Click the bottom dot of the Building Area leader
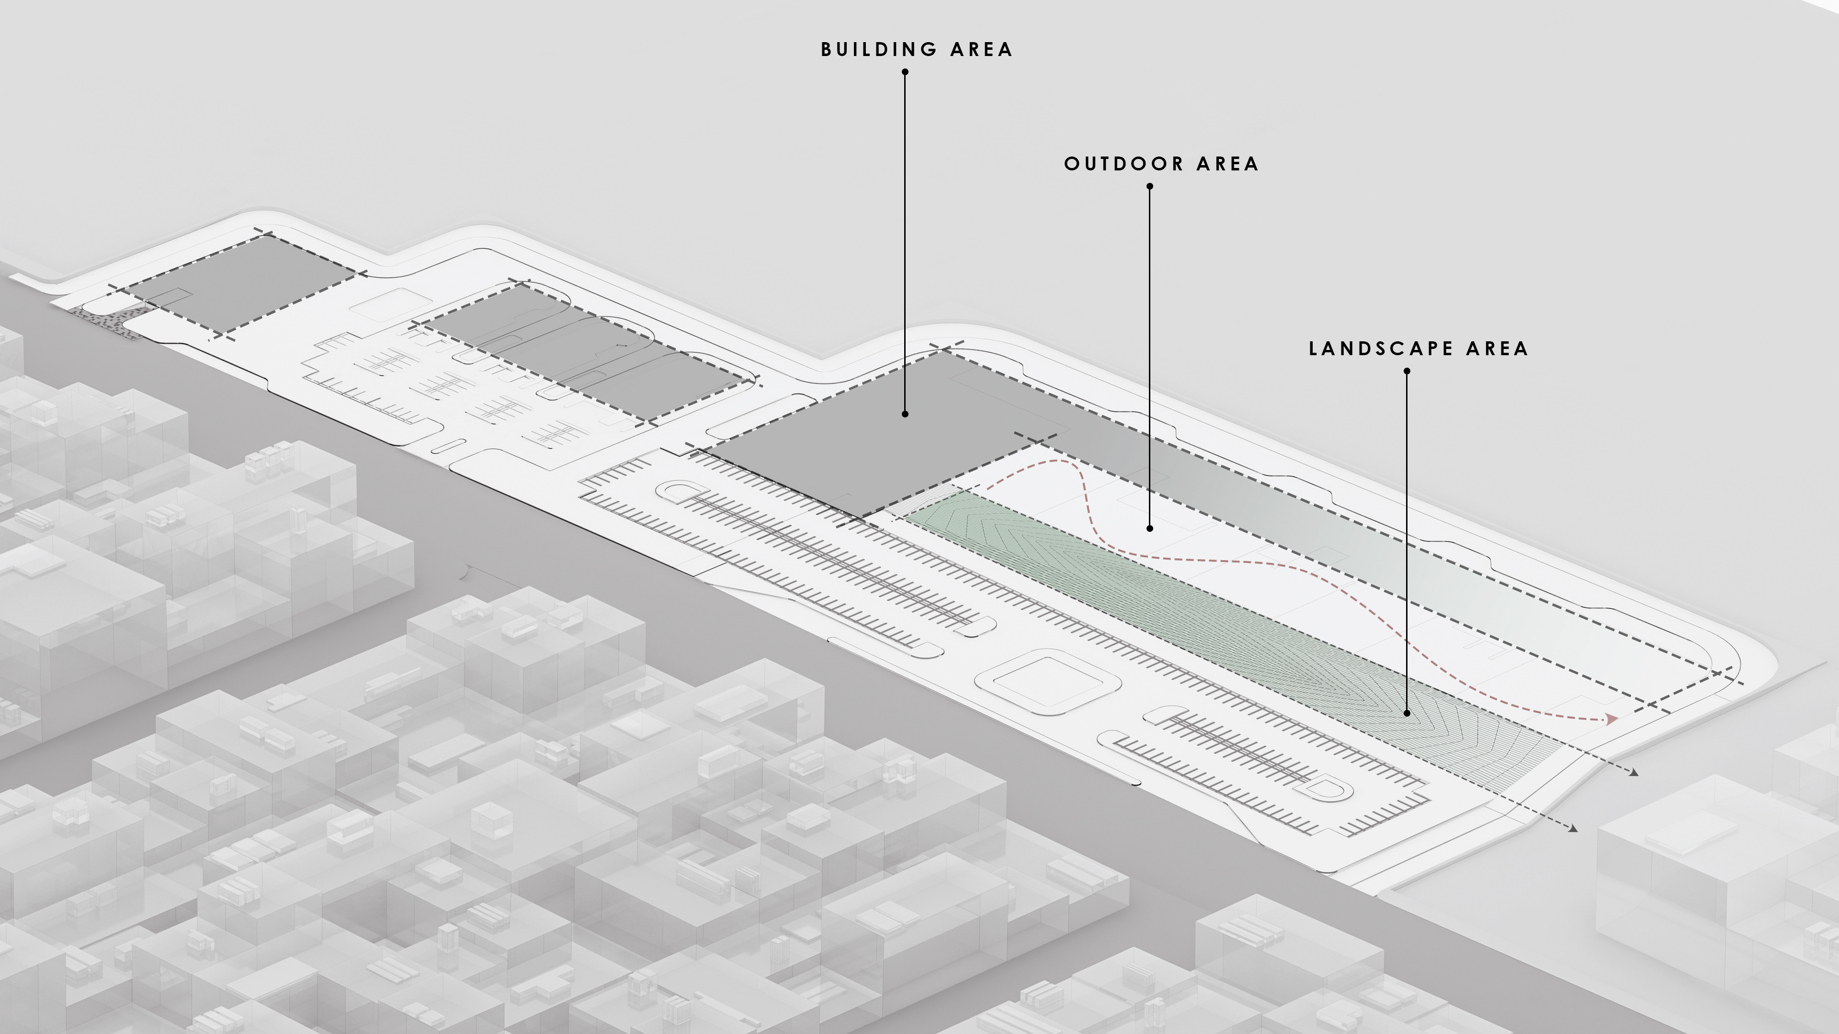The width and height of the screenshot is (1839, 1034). coord(905,414)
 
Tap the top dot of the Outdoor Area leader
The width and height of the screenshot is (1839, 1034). coord(1149,186)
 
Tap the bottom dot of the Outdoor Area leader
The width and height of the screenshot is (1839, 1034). coord(1149,529)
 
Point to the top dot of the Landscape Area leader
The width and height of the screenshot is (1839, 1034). coord(1407,371)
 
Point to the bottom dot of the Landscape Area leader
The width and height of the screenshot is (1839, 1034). coord(1407,713)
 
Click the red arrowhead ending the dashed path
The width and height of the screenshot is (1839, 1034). coord(1611,719)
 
